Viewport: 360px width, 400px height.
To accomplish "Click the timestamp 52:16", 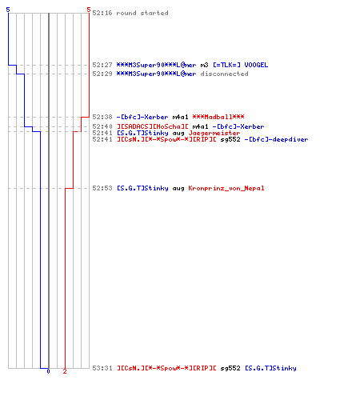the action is pos(102,13).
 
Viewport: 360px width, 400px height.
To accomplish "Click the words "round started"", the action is pos(142,13).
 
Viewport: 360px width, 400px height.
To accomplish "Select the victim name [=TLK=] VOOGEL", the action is pos(240,65).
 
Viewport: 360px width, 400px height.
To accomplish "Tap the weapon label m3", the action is pos(204,65).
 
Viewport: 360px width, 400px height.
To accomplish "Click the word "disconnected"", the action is pos(224,74).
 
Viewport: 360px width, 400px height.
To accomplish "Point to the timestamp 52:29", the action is pos(102,74).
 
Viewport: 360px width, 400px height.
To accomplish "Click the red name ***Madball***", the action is pos(218,117).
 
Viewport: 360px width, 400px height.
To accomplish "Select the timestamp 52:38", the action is pos(102,117).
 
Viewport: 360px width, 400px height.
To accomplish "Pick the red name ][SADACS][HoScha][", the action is pos(153,126).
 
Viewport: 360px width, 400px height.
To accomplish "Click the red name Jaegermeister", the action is pos(214,133).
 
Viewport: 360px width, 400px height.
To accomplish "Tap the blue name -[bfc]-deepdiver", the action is pos(276,139).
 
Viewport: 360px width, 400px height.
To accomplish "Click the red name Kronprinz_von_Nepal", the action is pos(226,188).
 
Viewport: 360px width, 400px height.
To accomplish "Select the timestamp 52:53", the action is pos(102,188).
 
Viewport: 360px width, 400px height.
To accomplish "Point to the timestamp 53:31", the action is pos(102,368).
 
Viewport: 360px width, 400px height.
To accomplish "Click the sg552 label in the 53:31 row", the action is pos(230,368).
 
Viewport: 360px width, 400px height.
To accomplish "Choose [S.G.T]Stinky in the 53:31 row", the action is pos(270,368).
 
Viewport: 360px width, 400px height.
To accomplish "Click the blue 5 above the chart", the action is pos(8,10).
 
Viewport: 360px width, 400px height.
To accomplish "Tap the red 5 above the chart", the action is pos(89,10).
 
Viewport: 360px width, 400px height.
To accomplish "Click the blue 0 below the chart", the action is pos(48,371).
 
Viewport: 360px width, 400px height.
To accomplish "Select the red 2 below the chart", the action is pos(65,371).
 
